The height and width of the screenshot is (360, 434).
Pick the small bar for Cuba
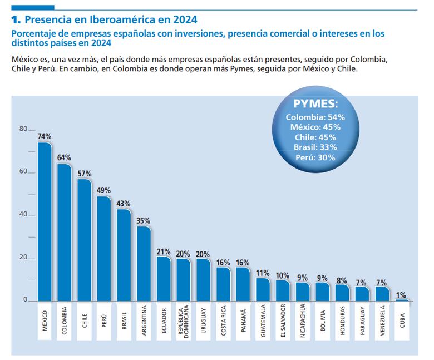pos(402,300)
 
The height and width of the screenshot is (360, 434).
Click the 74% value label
pos(45,136)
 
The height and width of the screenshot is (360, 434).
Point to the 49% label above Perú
pos(104,190)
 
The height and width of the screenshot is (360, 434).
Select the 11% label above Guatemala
pos(263,273)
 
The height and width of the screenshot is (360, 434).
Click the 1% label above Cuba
pos(402,294)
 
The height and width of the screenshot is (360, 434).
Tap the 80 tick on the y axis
pos(23,129)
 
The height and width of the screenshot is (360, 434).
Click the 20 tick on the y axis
pos(23,258)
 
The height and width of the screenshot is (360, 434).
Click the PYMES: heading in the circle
pos(315,105)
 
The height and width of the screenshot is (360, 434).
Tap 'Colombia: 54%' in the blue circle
pos(315,117)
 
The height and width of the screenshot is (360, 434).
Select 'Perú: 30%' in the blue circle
pos(315,157)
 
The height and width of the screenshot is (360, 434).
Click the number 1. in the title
pos(16,20)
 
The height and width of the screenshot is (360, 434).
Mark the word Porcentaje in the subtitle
pos(35,34)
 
